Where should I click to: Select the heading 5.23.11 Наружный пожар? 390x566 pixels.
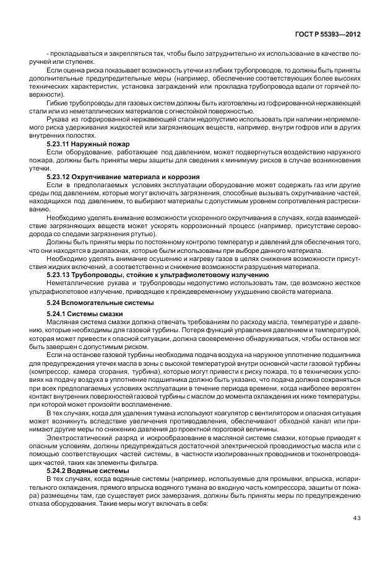coord(84,143)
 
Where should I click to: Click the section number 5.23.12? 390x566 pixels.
coord(61,177)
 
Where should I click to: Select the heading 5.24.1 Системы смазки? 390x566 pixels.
coord(80,314)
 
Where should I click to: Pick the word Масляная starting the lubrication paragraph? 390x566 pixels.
coord(62,322)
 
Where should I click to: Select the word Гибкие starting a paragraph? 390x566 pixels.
coord(58,103)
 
